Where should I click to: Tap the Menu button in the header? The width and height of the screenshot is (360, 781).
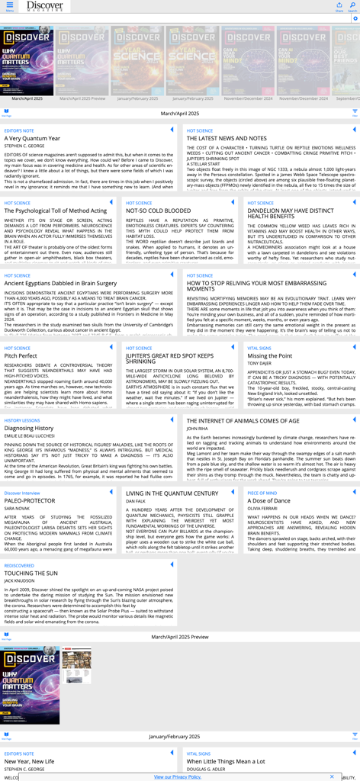point(9,7)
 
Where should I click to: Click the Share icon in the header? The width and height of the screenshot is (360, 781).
point(339,7)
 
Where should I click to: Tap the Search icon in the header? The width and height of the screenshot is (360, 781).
point(352,7)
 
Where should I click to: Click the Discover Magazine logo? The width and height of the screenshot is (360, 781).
point(44,6)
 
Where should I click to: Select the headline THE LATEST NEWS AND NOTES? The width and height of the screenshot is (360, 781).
point(227,138)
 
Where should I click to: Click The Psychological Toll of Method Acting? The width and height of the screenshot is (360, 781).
point(56,211)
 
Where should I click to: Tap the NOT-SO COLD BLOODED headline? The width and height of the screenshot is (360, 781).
point(158,211)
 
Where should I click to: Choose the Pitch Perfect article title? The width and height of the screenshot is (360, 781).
point(21,355)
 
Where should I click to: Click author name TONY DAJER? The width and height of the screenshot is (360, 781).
point(260,364)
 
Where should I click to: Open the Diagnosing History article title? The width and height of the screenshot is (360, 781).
point(29,428)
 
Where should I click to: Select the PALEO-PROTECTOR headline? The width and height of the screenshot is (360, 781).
point(30,500)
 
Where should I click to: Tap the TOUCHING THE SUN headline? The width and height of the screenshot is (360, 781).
point(31,573)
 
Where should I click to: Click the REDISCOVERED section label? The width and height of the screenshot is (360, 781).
point(19,565)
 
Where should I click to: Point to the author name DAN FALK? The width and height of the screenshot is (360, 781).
point(135,501)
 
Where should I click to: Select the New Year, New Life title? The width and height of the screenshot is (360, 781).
point(29,761)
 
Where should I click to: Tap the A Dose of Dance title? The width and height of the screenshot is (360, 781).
point(269,500)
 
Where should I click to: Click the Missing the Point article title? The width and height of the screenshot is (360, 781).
point(269,355)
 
